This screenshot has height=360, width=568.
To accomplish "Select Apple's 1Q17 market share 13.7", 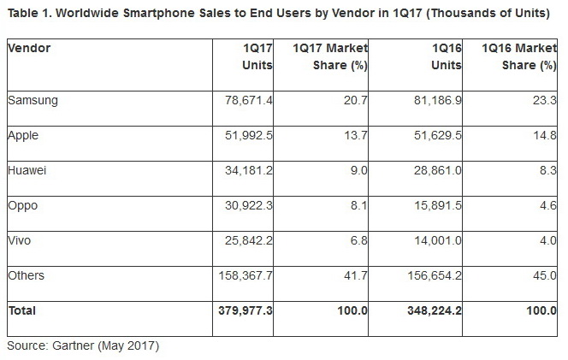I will click(356, 135).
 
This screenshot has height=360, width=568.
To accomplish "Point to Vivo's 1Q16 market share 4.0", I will click(545, 241).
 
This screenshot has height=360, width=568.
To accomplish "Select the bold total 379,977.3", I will click(245, 311).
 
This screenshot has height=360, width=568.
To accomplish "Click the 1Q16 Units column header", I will click(446, 56).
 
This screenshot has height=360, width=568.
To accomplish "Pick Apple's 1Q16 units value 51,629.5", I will click(438, 135).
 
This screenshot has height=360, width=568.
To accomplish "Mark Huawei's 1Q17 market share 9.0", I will click(359, 170).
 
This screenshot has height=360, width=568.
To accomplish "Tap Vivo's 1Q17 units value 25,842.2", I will click(248, 241).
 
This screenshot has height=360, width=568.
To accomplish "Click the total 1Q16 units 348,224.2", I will click(435, 311).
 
